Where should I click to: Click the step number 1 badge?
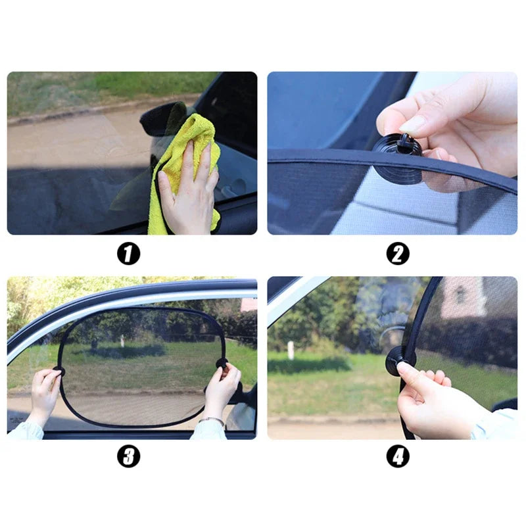129,253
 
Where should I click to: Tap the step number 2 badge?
398,253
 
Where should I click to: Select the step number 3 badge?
129,456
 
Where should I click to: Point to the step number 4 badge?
398,456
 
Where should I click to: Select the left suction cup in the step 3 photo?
60,371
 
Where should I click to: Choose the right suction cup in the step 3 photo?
222,363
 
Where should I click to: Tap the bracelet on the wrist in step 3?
212,419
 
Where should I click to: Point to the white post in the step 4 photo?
291,350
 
